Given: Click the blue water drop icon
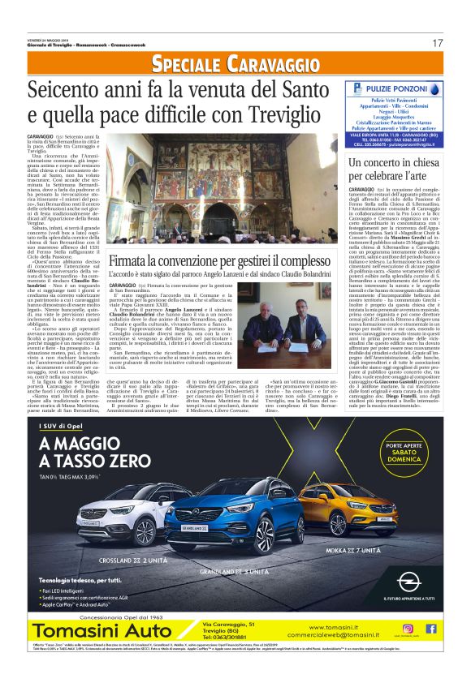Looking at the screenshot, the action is click(x=374, y=88).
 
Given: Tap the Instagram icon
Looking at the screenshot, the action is click(x=409, y=628).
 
